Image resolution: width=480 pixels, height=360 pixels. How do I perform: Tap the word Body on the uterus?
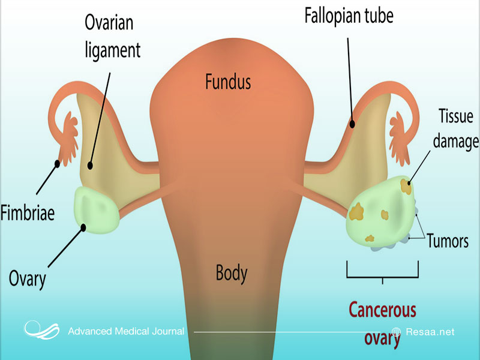[x=232, y=273]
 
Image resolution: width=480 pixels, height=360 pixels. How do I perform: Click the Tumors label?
[x=448, y=241]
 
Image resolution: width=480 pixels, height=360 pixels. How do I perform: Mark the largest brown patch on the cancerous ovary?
[x=358, y=211]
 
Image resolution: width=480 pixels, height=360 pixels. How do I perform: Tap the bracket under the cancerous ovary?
[x=382, y=277]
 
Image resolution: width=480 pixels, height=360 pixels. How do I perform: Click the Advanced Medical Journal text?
[x=126, y=332]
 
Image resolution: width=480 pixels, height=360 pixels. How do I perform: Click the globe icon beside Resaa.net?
[x=396, y=332]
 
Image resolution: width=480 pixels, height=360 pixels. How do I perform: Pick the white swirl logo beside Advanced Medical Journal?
[x=42, y=331]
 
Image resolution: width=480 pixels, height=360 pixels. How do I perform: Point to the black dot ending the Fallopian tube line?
[x=353, y=125]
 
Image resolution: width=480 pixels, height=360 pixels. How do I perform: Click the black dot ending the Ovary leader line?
[x=85, y=226]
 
